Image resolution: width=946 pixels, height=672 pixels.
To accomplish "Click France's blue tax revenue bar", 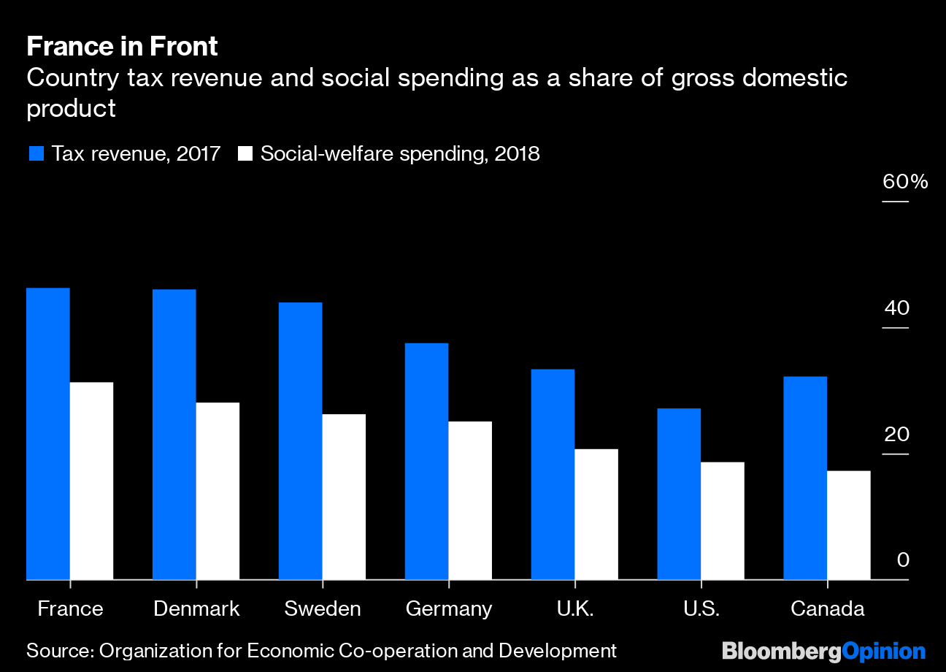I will pyautogui.click(x=48, y=434).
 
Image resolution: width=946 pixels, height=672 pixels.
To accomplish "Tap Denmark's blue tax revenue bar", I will pyautogui.click(x=174, y=435).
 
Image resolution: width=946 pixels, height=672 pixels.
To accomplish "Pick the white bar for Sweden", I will pyautogui.click(x=344, y=497).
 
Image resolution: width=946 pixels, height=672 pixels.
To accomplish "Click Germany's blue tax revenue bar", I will pyautogui.click(x=426, y=461).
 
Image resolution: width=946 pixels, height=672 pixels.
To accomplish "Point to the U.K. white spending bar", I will pyautogui.click(x=596, y=514).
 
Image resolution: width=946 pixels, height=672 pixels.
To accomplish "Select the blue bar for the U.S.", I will pyautogui.click(x=679, y=494).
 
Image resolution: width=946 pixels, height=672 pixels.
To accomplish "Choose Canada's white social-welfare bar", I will pyautogui.click(x=849, y=525).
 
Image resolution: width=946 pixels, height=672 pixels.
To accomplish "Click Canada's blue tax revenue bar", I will pyautogui.click(x=805, y=478).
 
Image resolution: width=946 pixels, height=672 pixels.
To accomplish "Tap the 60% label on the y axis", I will pyautogui.click(x=905, y=182).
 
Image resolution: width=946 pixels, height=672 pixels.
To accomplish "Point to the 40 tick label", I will pyautogui.click(x=897, y=308).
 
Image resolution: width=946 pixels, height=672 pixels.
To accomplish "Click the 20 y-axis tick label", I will pyautogui.click(x=897, y=435).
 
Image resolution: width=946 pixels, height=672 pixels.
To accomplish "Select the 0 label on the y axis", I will pyautogui.click(x=903, y=560).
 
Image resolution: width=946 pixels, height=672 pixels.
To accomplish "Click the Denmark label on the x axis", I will pyautogui.click(x=196, y=608).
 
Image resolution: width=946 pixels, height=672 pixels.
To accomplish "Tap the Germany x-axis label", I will pyautogui.click(x=449, y=608).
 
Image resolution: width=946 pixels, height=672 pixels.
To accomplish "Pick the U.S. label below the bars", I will pyautogui.click(x=701, y=608).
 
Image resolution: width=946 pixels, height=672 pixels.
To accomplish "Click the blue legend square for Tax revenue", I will pyautogui.click(x=36, y=154).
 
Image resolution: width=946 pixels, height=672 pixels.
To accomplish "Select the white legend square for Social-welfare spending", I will pyautogui.click(x=245, y=154).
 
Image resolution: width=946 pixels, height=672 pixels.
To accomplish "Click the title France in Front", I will pyautogui.click(x=122, y=47).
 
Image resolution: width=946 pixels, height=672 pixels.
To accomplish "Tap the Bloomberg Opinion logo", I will pyautogui.click(x=823, y=651).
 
